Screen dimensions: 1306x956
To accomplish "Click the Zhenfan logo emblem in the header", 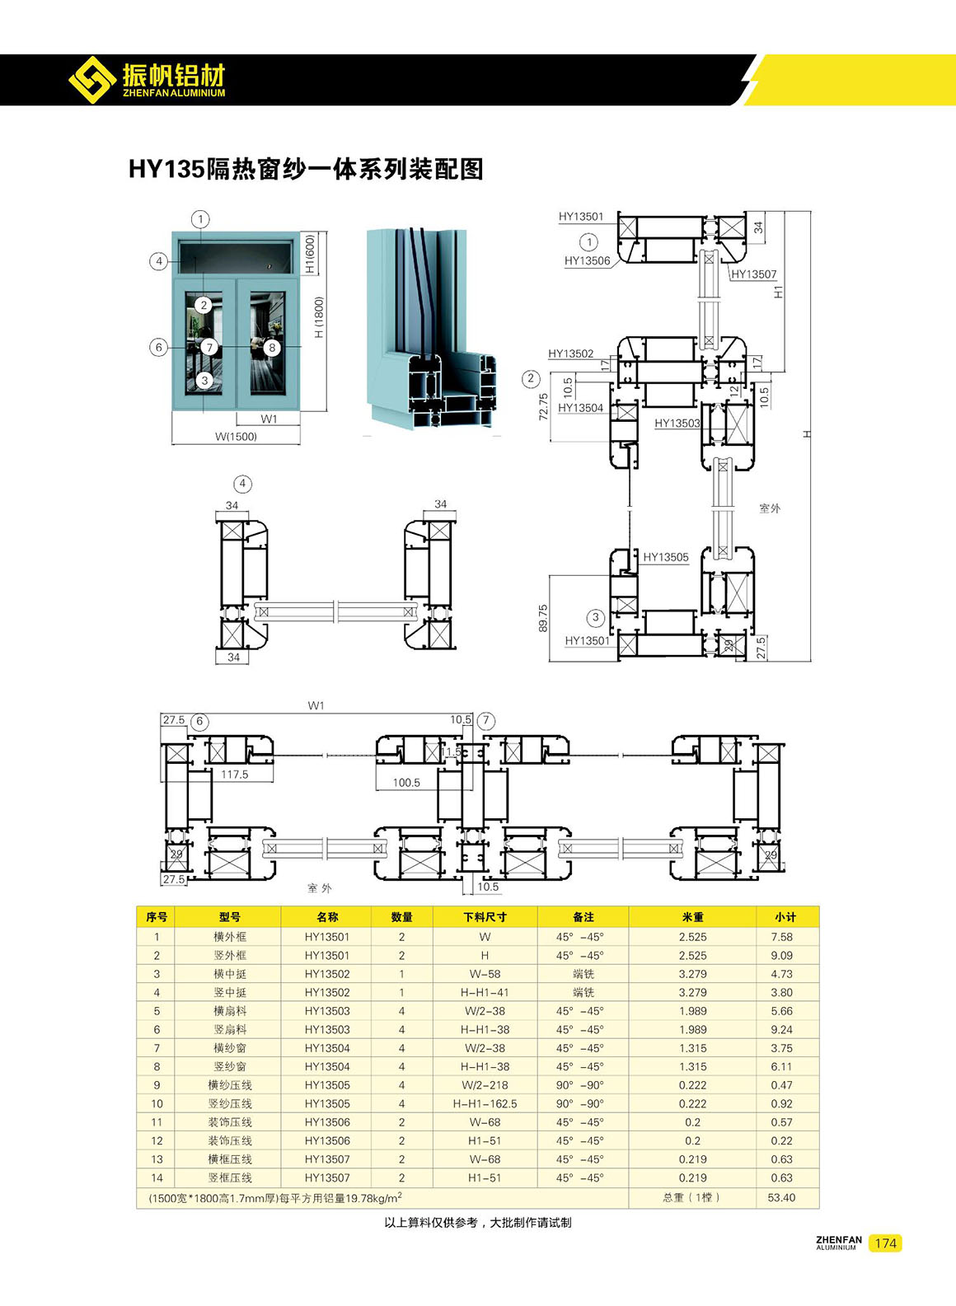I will [x=91, y=79].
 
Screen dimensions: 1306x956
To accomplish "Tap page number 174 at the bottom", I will [x=885, y=1243].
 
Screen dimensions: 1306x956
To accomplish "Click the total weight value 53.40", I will [x=781, y=1197].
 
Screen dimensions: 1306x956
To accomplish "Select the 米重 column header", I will [x=692, y=916].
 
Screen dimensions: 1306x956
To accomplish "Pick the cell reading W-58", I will [x=485, y=974].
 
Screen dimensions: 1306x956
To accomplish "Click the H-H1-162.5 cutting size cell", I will [x=485, y=1103].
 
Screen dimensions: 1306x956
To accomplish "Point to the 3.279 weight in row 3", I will [x=692, y=974].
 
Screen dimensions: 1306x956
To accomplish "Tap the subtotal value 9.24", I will [x=781, y=1029].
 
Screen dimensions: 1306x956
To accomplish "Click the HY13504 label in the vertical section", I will [x=580, y=408].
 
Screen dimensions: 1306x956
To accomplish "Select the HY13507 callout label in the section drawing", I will [x=753, y=274].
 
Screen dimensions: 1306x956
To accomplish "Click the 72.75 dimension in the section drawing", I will [x=544, y=407].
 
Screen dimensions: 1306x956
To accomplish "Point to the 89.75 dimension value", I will [x=543, y=619].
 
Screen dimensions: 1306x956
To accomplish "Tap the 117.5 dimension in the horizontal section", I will [x=234, y=775].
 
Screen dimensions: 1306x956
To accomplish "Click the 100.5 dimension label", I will [x=406, y=783].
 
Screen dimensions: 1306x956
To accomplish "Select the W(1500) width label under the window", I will [x=236, y=437].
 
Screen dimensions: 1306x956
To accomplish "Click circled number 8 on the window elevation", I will [x=272, y=348].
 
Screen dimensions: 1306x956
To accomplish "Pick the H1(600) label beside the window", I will [x=310, y=254].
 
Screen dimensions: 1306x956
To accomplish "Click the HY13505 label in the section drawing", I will [x=665, y=557].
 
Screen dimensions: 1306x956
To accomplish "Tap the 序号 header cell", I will [x=157, y=916].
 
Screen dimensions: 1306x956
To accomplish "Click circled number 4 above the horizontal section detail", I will [x=242, y=484].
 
